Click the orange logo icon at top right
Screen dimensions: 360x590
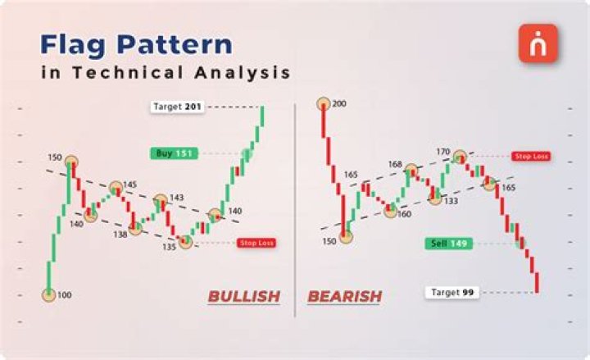(x=538, y=43)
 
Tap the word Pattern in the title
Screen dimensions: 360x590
(x=178, y=43)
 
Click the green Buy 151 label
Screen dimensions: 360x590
(x=173, y=153)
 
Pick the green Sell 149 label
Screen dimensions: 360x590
(x=447, y=243)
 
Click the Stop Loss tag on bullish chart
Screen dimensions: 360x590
(x=255, y=243)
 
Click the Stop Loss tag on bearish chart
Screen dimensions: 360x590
(x=531, y=156)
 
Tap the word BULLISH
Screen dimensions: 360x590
(x=243, y=296)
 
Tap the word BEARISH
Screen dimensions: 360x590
(x=345, y=296)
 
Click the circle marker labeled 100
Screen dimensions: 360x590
(x=49, y=294)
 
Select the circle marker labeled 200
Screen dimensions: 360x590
(x=324, y=104)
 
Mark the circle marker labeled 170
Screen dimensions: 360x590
(x=461, y=156)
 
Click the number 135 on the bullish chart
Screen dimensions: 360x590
(x=169, y=246)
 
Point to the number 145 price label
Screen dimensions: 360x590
(x=129, y=184)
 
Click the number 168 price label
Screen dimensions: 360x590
(x=395, y=165)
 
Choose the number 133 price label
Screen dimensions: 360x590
(x=452, y=200)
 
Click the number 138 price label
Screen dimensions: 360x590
(x=120, y=234)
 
